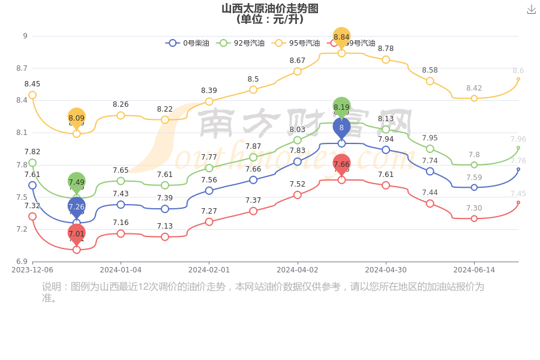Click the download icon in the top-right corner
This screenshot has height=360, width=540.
[x=531, y=9]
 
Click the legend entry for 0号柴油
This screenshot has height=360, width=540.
[x=187, y=43]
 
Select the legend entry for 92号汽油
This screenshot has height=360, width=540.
[x=240, y=43]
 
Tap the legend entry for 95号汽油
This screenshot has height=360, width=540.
[x=295, y=43]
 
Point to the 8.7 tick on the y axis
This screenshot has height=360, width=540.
[x=22, y=68]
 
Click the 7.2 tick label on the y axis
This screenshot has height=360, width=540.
[x=22, y=229]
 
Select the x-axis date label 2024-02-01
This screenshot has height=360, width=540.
[x=209, y=270]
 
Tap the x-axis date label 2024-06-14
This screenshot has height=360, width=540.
[x=474, y=270]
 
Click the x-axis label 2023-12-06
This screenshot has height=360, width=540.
[x=32, y=270]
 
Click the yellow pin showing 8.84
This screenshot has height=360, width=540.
[x=341, y=37]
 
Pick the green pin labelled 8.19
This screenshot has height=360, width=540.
[x=341, y=107]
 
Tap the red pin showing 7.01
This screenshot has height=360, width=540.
[x=77, y=233]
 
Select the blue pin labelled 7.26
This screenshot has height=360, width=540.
[x=77, y=206]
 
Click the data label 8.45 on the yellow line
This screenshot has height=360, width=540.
[x=32, y=84]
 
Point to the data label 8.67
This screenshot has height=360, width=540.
[x=298, y=61]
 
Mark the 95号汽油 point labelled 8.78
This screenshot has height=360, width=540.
[x=386, y=59]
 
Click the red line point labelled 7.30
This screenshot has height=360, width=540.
[x=474, y=218]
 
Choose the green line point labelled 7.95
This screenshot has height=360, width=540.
[x=430, y=149]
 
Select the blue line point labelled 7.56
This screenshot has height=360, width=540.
[x=209, y=191]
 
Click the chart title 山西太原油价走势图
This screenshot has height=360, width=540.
[x=270, y=8]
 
